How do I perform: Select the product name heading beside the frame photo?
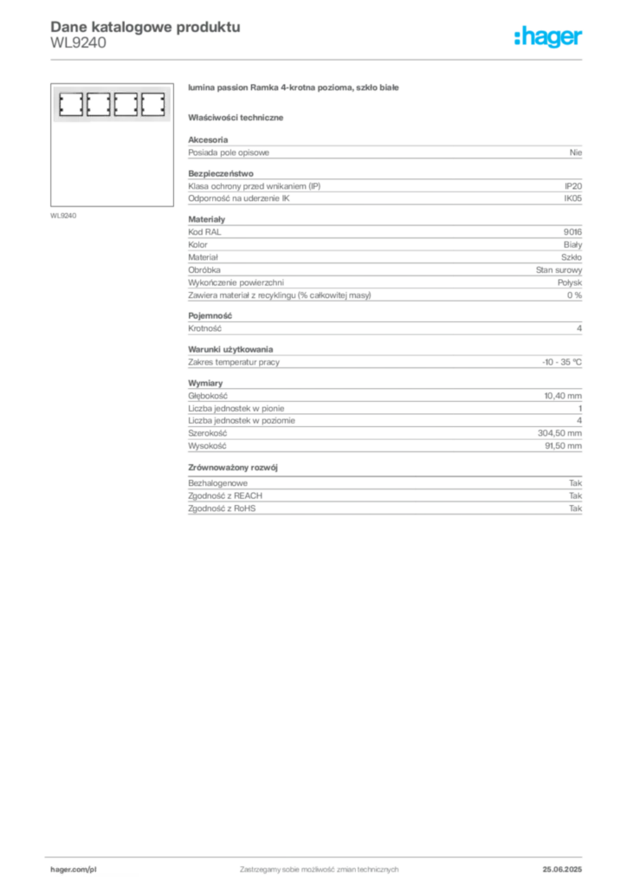(x=294, y=89)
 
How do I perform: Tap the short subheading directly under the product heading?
(x=239, y=117)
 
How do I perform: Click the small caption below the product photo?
(x=66, y=215)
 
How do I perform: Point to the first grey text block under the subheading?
(x=385, y=151)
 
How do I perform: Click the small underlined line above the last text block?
(x=234, y=473)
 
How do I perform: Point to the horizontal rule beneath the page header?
(x=319, y=59)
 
